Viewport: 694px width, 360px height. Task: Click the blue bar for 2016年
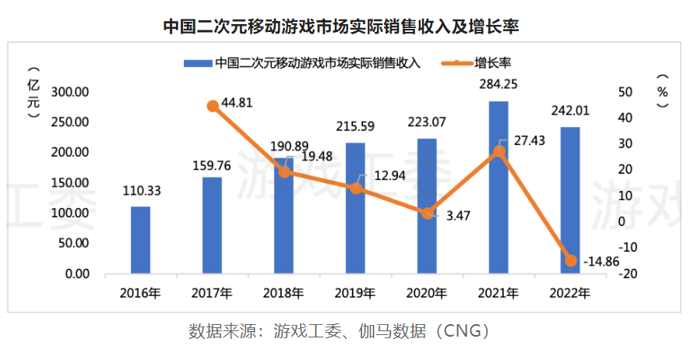click(x=140, y=240)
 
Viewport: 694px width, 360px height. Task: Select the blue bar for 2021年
click(x=498, y=187)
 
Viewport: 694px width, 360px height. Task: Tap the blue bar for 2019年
click(x=355, y=208)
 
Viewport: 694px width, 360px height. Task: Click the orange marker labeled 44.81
click(x=213, y=106)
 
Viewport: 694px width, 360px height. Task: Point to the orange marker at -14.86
click(x=570, y=260)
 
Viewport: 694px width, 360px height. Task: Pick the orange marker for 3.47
click(x=427, y=213)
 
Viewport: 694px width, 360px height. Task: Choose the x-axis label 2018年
click(x=284, y=294)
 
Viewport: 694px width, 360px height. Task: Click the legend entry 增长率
click(x=491, y=62)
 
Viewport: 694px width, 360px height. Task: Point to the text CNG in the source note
click(x=458, y=331)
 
